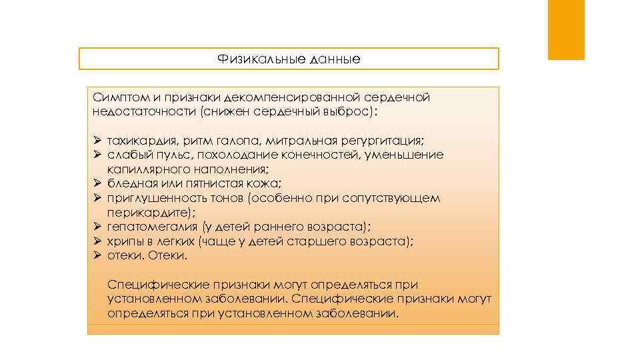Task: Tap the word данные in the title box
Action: (335, 59)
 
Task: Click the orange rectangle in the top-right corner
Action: (566, 30)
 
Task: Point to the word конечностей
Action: (332, 155)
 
